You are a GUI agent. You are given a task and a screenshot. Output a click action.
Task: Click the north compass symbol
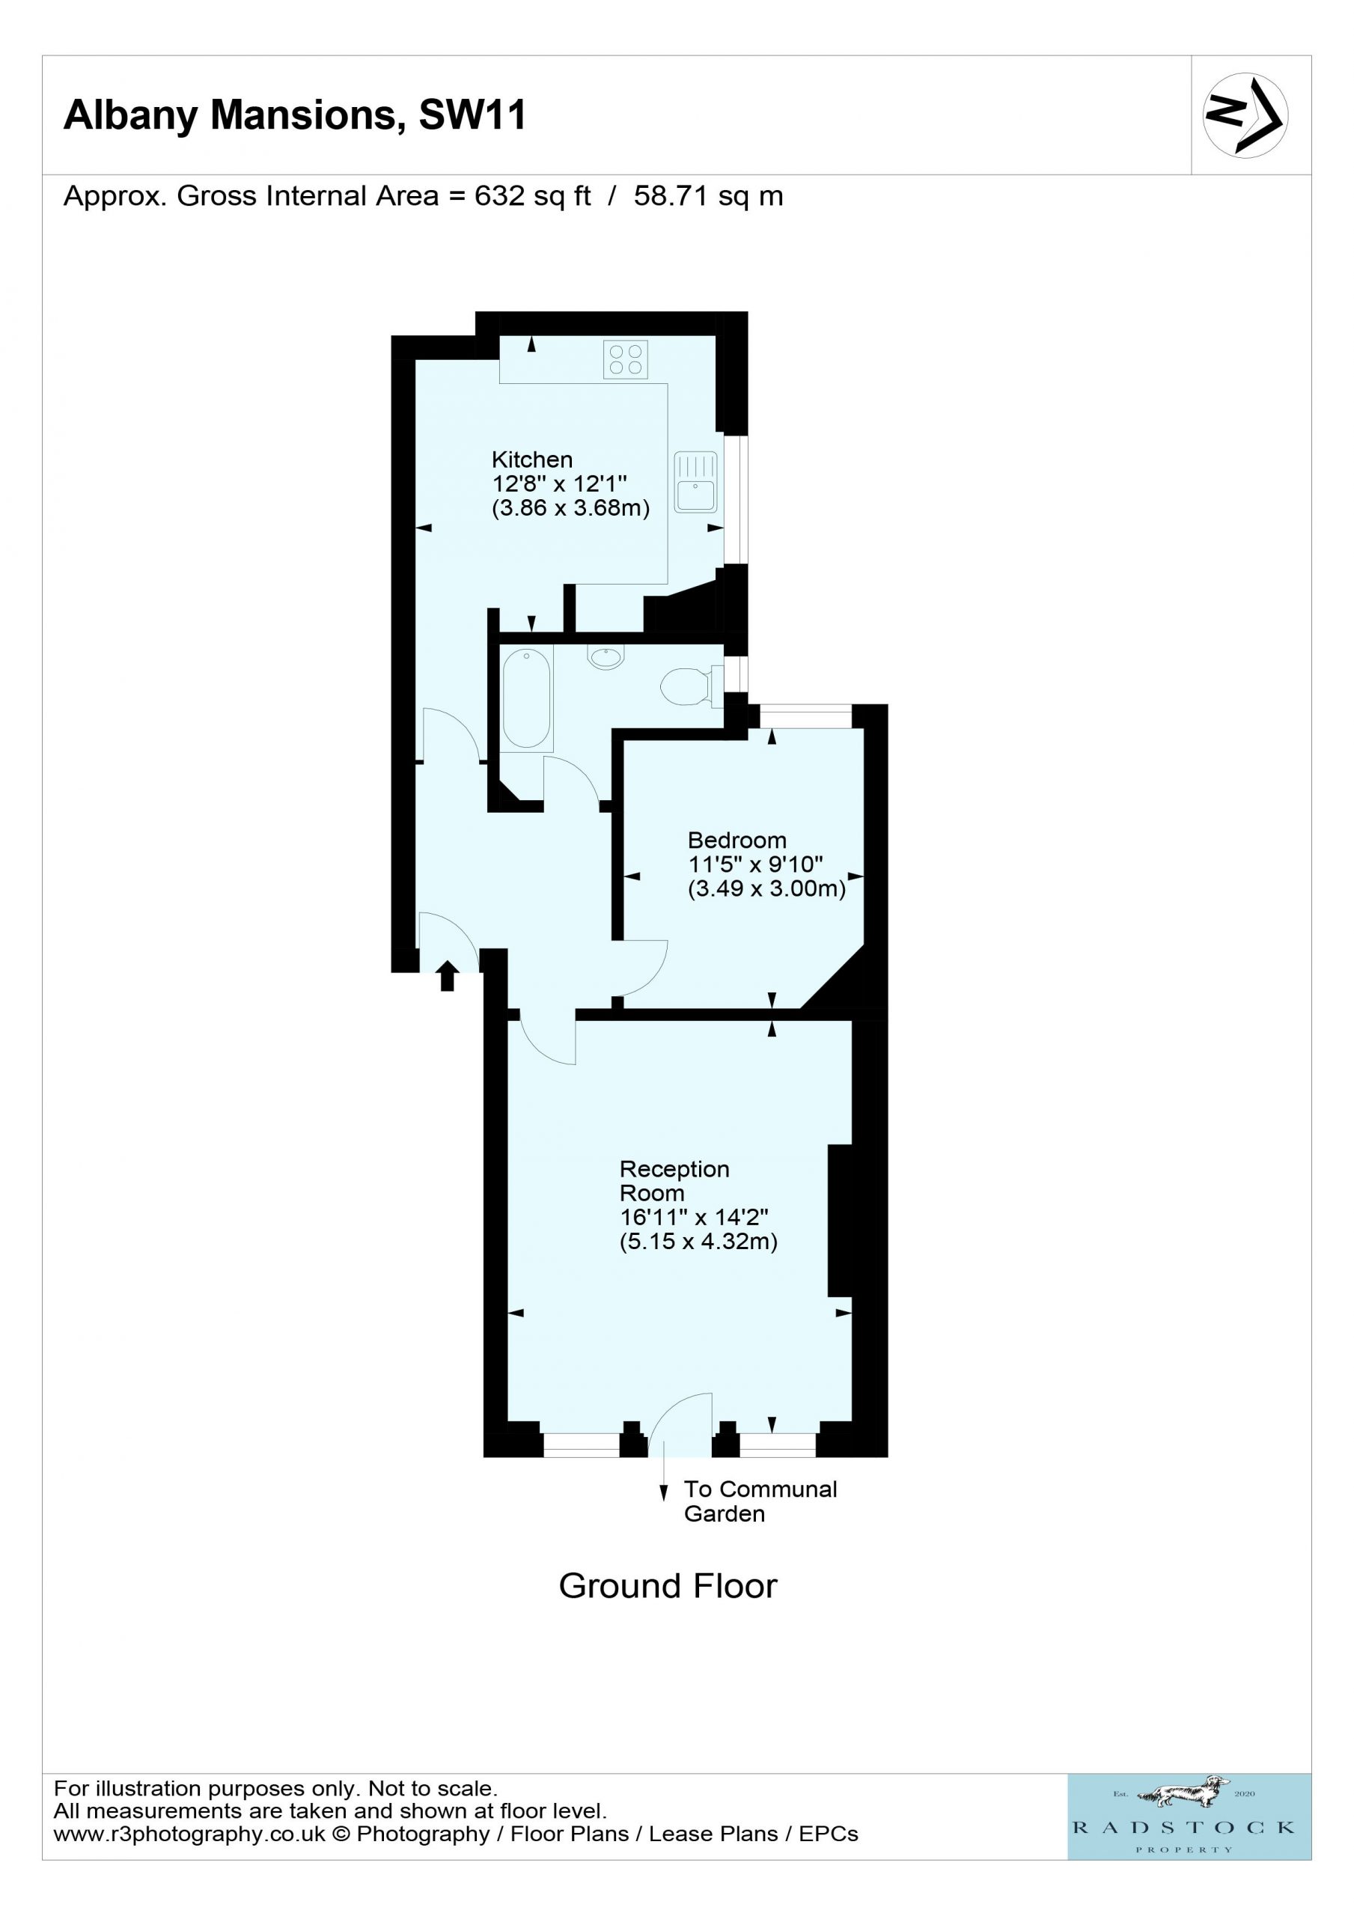(x=1245, y=115)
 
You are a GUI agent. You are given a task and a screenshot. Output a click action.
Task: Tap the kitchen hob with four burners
(x=626, y=360)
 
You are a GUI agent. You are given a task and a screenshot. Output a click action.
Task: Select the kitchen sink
(x=695, y=481)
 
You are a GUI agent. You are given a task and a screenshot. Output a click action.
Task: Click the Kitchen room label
(x=531, y=460)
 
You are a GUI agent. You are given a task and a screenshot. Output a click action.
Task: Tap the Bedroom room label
(x=737, y=840)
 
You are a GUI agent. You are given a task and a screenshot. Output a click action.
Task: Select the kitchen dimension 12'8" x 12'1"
(x=559, y=483)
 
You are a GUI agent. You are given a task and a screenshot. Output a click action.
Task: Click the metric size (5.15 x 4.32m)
(x=698, y=1242)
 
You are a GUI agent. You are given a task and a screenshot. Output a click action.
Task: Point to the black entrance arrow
(x=448, y=975)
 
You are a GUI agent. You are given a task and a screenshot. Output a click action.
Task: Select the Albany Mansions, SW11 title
(x=295, y=115)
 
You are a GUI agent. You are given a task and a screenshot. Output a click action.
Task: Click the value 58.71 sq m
(x=709, y=196)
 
